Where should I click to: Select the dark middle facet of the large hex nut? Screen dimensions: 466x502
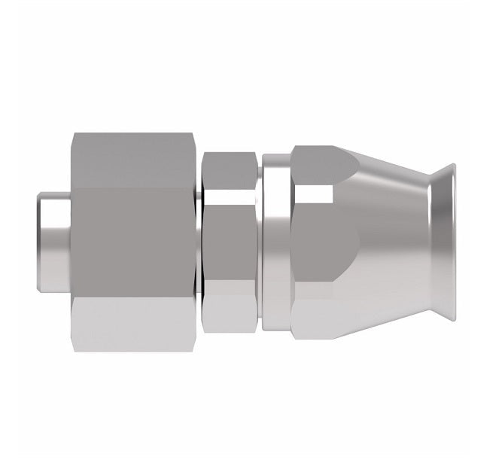coord(135,241)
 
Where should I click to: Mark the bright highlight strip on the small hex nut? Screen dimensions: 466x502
coord(230,199)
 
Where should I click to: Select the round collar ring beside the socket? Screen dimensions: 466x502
coord(277,241)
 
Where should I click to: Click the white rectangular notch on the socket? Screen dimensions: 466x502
coord(313,194)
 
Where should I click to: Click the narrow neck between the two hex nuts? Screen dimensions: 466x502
coord(198,241)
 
